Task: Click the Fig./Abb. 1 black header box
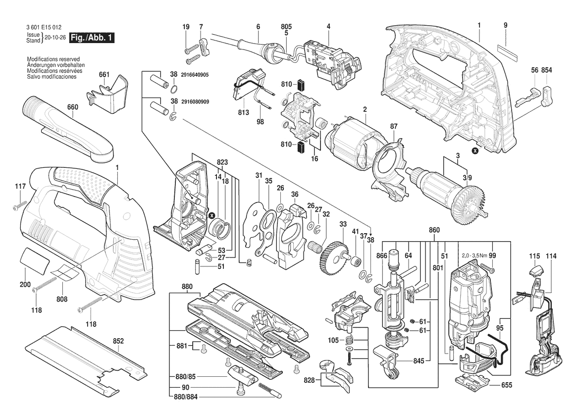point(92,38)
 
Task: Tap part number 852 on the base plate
point(118,341)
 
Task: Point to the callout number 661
point(104,74)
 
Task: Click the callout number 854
point(546,71)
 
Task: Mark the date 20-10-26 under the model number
point(54,38)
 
